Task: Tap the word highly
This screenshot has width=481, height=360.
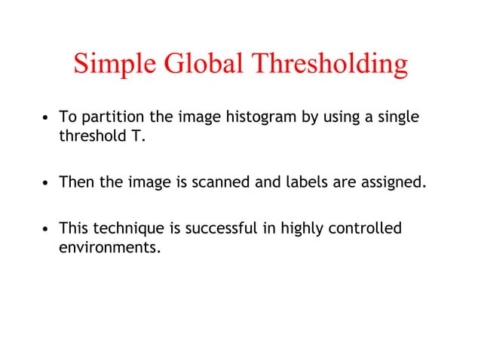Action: pyautogui.click(x=301, y=227)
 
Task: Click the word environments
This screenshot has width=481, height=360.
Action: pyautogui.click(x=109, y=246)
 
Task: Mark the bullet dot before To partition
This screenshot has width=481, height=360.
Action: pyautogui.click(x=47, y=119)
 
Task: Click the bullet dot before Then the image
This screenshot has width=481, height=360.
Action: pyautogui.click(x=47, y=183)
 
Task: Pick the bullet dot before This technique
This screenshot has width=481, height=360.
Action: pyautogui.click(x=47, y=228)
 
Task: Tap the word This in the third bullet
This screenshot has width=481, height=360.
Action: pyautogui.click(x=73, y=227)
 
